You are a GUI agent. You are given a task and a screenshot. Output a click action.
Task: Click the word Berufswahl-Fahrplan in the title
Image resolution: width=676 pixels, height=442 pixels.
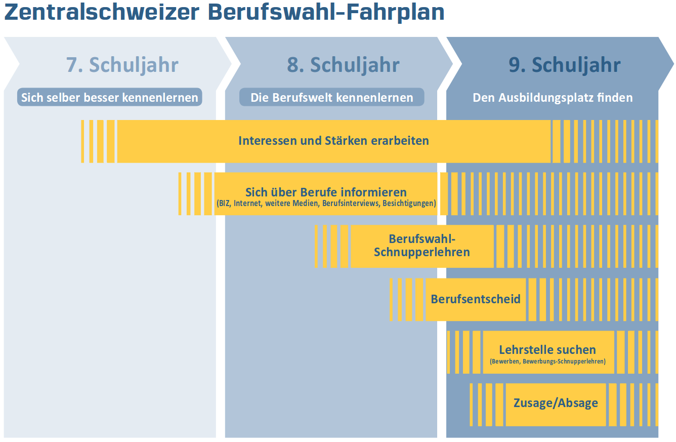click(326, 12)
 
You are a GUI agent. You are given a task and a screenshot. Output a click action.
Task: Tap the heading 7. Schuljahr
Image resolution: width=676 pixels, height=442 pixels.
click(122, 65)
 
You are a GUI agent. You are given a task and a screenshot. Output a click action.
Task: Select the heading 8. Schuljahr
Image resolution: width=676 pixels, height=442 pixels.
click(343, 65)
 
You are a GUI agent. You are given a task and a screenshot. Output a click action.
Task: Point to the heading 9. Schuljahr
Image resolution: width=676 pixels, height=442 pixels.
click(564, 65)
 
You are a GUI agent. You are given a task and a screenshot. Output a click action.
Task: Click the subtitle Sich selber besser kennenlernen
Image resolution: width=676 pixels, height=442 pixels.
click(110, 97)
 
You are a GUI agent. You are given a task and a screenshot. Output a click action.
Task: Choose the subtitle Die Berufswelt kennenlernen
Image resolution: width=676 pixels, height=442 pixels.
click(332, 97)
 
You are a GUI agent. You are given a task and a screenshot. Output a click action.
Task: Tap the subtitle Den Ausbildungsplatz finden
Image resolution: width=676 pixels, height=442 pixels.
click(553, 97)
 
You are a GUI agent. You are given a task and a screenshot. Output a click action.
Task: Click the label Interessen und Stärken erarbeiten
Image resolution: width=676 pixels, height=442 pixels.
click(333, 141)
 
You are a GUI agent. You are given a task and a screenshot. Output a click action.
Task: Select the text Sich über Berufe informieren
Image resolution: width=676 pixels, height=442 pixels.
click(326, 192)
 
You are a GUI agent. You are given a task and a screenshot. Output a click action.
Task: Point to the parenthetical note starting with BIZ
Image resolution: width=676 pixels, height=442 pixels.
click(326, 204)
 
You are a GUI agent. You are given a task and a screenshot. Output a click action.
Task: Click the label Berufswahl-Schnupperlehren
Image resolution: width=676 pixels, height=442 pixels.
click(422, 246)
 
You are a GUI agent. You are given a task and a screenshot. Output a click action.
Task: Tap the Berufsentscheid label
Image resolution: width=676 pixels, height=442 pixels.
click(475, 299)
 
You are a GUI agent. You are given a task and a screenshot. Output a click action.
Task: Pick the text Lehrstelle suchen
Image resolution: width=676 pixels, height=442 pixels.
click(547, 349)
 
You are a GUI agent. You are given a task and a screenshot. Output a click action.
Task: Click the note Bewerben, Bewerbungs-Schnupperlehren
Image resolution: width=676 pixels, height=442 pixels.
click(547, 361)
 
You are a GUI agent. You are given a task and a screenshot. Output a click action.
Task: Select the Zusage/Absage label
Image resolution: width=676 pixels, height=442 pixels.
click(556, 403)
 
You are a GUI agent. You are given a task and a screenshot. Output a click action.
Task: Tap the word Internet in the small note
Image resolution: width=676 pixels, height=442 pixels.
click(248, 204)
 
